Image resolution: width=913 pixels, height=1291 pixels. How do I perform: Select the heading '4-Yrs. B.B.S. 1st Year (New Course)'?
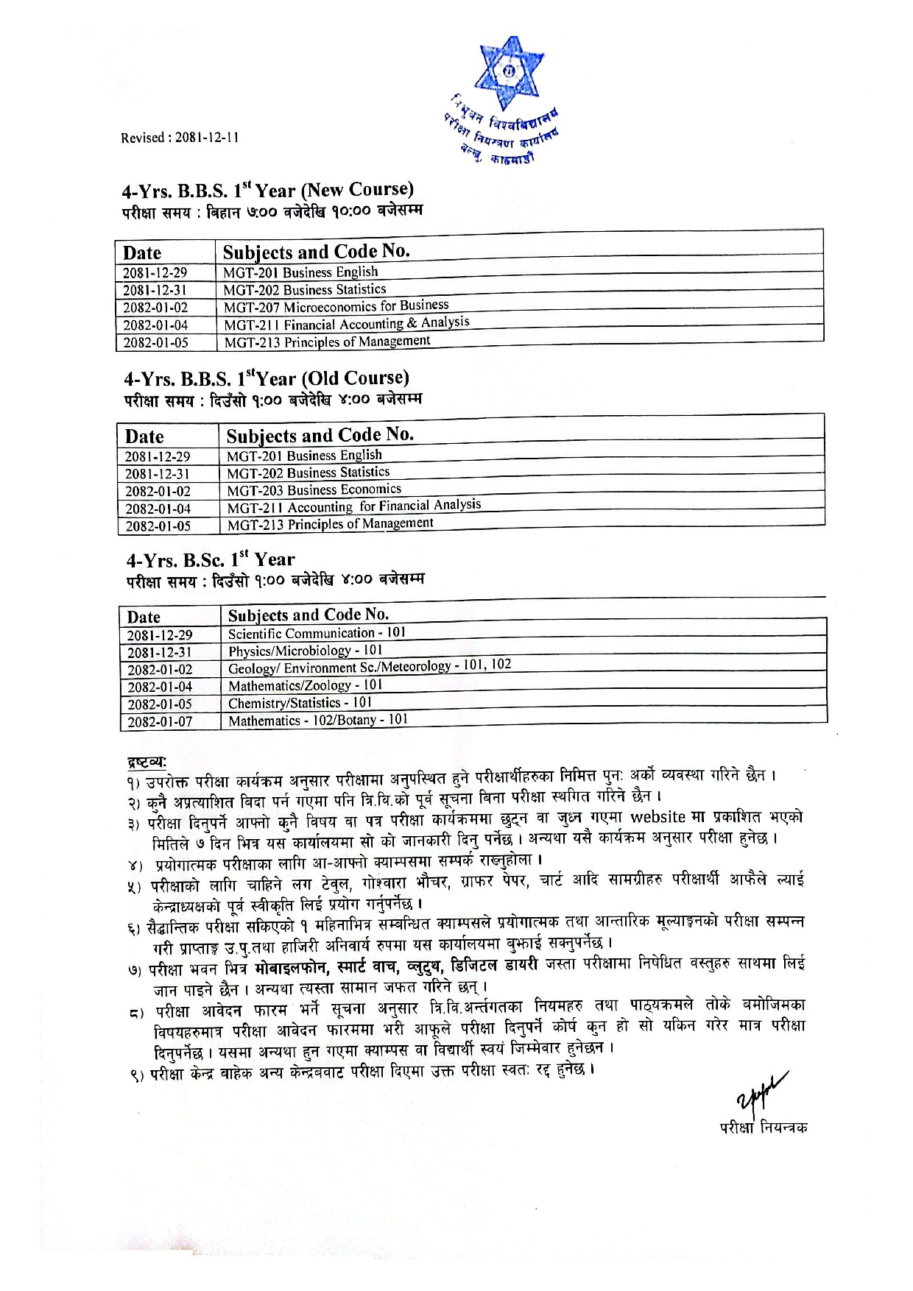click(x=268, y=191)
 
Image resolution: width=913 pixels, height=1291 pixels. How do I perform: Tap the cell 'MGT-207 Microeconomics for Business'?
click(x=336, y=306)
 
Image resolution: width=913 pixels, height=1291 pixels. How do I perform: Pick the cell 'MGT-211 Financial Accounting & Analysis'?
click(x=347, y=324)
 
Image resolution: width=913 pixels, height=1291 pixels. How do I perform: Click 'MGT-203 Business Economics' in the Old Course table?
click(x=314, y=490)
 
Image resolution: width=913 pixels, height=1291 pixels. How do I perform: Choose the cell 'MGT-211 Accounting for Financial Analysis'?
click(x=353, y=506)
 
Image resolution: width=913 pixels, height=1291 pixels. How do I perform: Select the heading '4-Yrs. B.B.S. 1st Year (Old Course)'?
click(x=267, y=379)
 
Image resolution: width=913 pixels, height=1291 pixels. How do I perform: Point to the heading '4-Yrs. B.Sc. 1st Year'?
click(x=211, y=560)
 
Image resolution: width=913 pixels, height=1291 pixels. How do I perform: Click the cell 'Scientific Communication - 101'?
click(x=317, y=633)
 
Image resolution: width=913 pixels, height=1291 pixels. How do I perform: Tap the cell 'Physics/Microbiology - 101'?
click(x=305, y=651)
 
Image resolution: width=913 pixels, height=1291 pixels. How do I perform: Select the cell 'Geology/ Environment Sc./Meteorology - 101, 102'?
click(x=369, y=667)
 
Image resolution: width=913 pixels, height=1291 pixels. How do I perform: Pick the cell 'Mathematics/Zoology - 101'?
click(x=305, y=685)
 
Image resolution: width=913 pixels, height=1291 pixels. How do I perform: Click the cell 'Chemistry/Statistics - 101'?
click(x=300, y=703)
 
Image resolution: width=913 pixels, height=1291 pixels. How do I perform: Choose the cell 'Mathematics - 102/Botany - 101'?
click(x=317, y=721)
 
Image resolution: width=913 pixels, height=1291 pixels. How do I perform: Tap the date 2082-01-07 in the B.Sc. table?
click(x=160, y=722)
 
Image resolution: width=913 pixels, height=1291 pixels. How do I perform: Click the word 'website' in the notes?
click(x=658, y=817)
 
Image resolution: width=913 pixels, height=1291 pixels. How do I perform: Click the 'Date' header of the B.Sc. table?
click(x=144, y=617)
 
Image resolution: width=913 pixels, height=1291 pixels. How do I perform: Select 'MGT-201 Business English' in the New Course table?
click(x=300, y=272)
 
